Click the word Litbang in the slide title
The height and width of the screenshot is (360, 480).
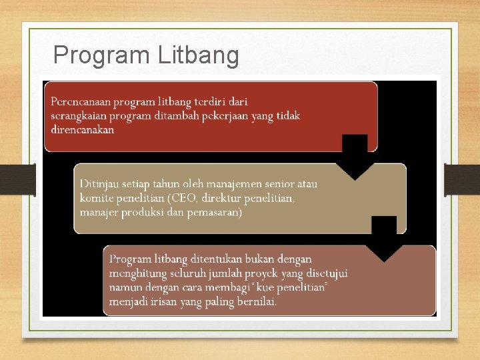point(199,56)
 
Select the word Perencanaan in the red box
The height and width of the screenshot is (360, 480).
point(80,102)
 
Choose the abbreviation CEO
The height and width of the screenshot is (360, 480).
point(180,198)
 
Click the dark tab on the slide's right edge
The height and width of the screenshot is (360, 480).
point(461,179)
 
